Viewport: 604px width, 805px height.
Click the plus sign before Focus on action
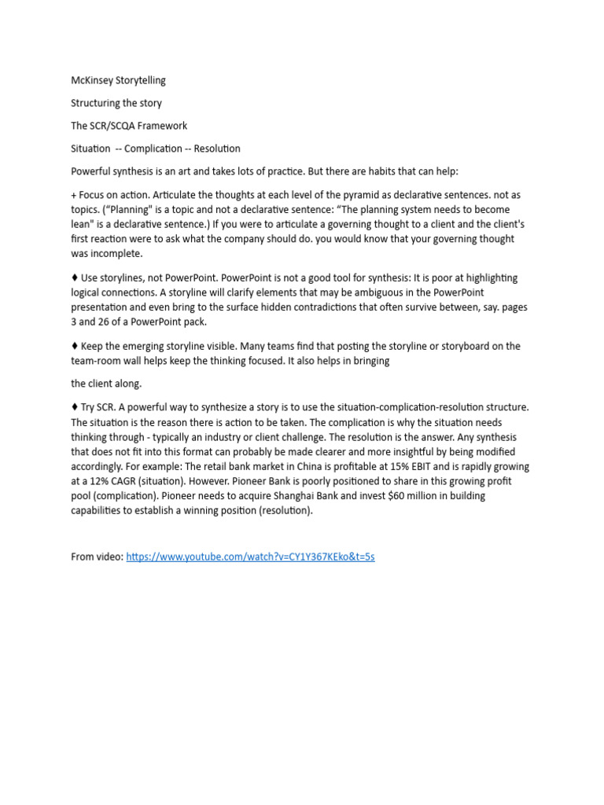click(74, 194)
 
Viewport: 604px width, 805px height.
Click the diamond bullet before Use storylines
click(75, 278)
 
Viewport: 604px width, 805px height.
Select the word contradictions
click(359, 307)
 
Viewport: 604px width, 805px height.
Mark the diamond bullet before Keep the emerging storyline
click(75, 347)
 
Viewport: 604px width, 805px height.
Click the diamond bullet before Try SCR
click(75, 407)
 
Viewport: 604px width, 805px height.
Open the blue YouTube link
click(250, 557)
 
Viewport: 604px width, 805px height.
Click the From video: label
click(97, 557)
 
